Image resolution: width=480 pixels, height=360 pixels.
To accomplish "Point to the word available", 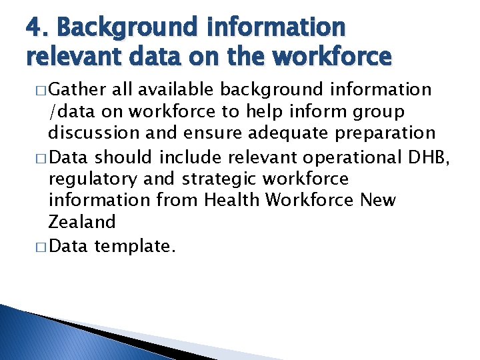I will click(x=177, y=89).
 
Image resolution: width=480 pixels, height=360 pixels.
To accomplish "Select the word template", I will click(x=135, y=247).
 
